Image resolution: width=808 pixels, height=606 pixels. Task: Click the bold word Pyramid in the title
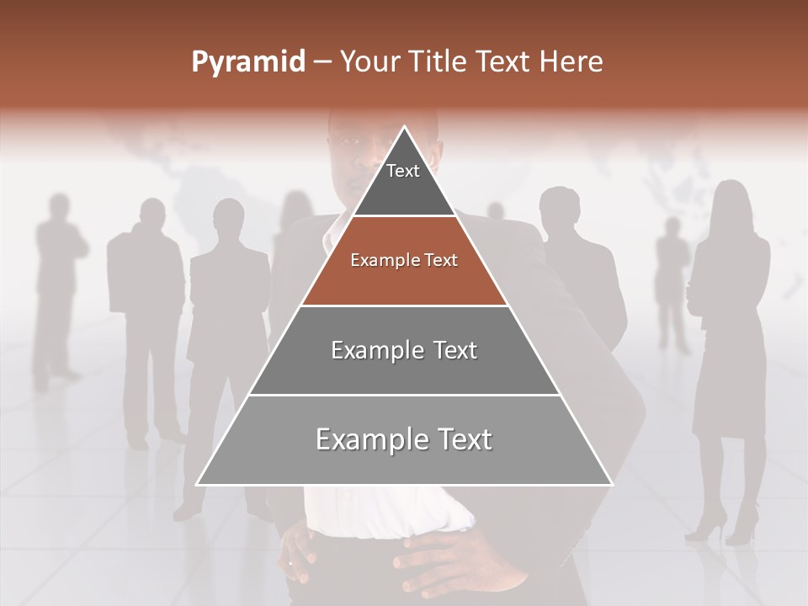[247, 62]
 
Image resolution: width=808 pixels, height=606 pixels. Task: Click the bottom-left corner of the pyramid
[198, 484]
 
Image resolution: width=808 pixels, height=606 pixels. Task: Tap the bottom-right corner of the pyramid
[611, 484]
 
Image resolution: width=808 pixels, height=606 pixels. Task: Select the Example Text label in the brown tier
[404, 260]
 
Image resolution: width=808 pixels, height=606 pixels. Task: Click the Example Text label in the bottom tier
[404, 439]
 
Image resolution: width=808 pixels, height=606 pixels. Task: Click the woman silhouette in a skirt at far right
[729, 337]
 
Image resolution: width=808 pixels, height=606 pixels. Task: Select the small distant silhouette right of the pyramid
[672, 278]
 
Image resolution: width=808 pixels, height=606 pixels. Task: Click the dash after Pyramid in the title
[322, 62]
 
